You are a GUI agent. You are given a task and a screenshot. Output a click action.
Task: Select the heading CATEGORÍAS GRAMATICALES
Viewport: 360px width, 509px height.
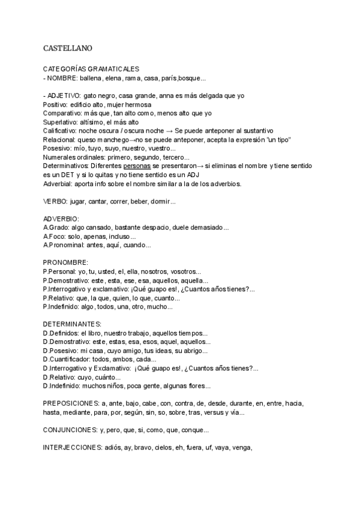coord(91,70)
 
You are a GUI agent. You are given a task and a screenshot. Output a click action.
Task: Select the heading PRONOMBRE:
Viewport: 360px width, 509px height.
coord(66,262)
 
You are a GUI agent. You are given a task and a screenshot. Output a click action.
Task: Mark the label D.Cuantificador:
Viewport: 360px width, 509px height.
coord(69,360)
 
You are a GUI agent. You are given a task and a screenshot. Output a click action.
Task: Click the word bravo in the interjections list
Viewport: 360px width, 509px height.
coord(143,447)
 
